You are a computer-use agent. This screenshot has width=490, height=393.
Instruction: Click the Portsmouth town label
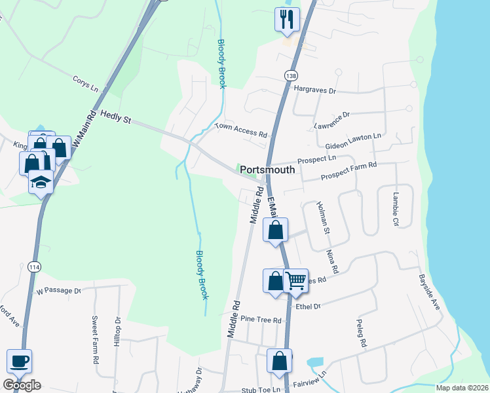267,170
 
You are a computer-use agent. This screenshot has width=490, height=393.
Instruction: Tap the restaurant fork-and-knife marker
287,20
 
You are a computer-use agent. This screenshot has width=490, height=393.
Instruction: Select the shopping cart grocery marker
296,281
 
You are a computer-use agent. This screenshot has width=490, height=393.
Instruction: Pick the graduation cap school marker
41,182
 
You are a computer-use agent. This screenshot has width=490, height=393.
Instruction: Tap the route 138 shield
291,76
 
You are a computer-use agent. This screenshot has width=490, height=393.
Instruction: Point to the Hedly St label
115,117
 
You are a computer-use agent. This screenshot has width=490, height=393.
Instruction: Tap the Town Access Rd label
242,130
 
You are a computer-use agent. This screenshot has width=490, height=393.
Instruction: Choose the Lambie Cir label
395,208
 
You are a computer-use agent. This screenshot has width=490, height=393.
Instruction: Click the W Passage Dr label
58,290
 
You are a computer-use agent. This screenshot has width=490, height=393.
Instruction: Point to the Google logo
22,384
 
